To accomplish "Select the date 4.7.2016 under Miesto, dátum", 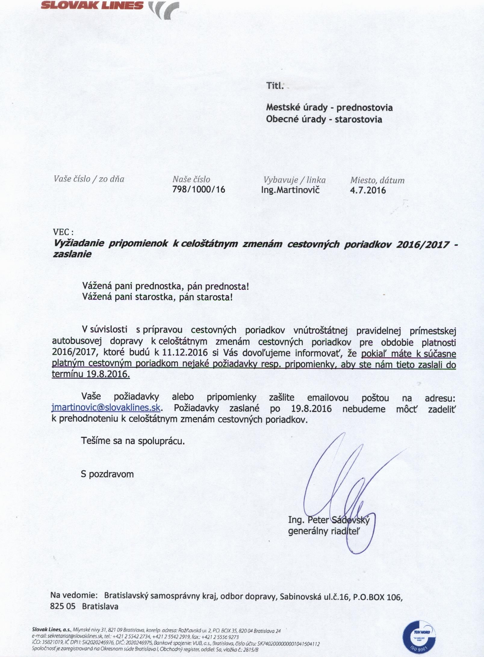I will [368, 190].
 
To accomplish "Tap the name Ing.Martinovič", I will [290, 190].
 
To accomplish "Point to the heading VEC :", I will [63, 232].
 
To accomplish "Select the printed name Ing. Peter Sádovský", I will [328, 520].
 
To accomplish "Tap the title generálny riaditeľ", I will [324, 531].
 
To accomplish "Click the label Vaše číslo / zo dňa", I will [89, 179].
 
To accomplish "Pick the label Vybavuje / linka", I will [294, 180].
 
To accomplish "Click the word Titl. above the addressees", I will [275, 86].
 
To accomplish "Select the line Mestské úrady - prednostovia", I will [329, 107].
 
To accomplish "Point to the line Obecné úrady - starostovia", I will [324, 119].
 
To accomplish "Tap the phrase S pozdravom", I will [107, 474].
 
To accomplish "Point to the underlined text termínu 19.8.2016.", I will [91, 375].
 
